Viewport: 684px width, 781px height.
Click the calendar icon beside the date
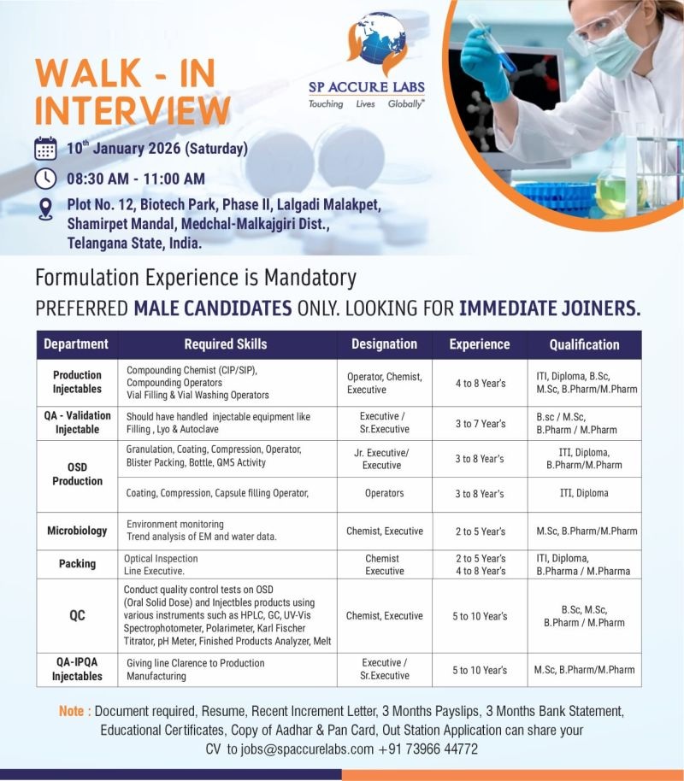click(45, 148)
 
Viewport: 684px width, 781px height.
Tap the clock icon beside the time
click(45, 179)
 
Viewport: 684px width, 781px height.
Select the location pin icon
click(45, 208)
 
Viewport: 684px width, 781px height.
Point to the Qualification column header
click(584, 344)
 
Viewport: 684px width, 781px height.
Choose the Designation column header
click(384, 344)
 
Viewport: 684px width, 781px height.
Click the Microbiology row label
click(77, 531)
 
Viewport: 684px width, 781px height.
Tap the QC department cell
click(77, 615)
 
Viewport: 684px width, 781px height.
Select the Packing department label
click(77, 564)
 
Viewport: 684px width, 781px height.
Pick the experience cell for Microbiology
click(479, 531)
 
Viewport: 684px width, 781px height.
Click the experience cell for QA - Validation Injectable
click(479, 423)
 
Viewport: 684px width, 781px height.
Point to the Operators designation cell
click(384, 493)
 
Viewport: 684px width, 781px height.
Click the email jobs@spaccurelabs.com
click(301, 749)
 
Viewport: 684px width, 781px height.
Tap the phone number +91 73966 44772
click(427, 749)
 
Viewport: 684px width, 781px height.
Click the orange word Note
click(72, 711)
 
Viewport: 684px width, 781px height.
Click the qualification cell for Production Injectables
click(584, 382)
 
